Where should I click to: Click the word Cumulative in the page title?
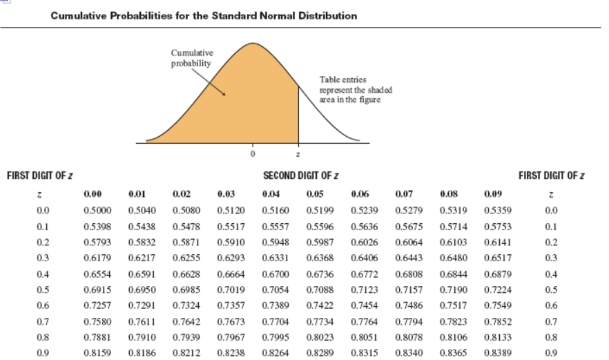click(78, 15)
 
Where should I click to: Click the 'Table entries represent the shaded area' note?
click(350, 90)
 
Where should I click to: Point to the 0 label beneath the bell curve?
click(253, 152)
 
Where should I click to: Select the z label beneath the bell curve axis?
click(298, 152)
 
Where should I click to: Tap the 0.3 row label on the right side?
click(550, 257)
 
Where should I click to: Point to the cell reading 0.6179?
click(94, 257)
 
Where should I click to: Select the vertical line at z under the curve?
click(298, 114)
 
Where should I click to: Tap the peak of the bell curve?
click(253, 44)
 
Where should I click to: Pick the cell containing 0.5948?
click(275, 242)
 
